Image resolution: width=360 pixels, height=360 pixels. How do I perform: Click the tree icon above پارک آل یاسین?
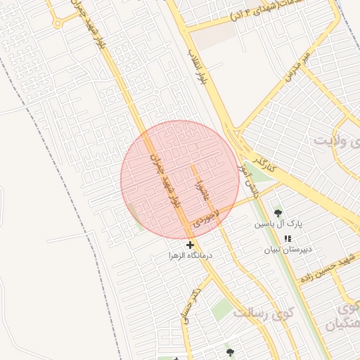click(278, 212)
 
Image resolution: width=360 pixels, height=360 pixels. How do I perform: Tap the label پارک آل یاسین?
click(278, 224)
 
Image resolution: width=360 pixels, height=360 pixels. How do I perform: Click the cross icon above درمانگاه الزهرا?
click(190, 244)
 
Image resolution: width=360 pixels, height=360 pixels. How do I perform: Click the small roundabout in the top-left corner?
click(57, 23)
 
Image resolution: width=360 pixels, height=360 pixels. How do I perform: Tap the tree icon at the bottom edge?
click(230, 352)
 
